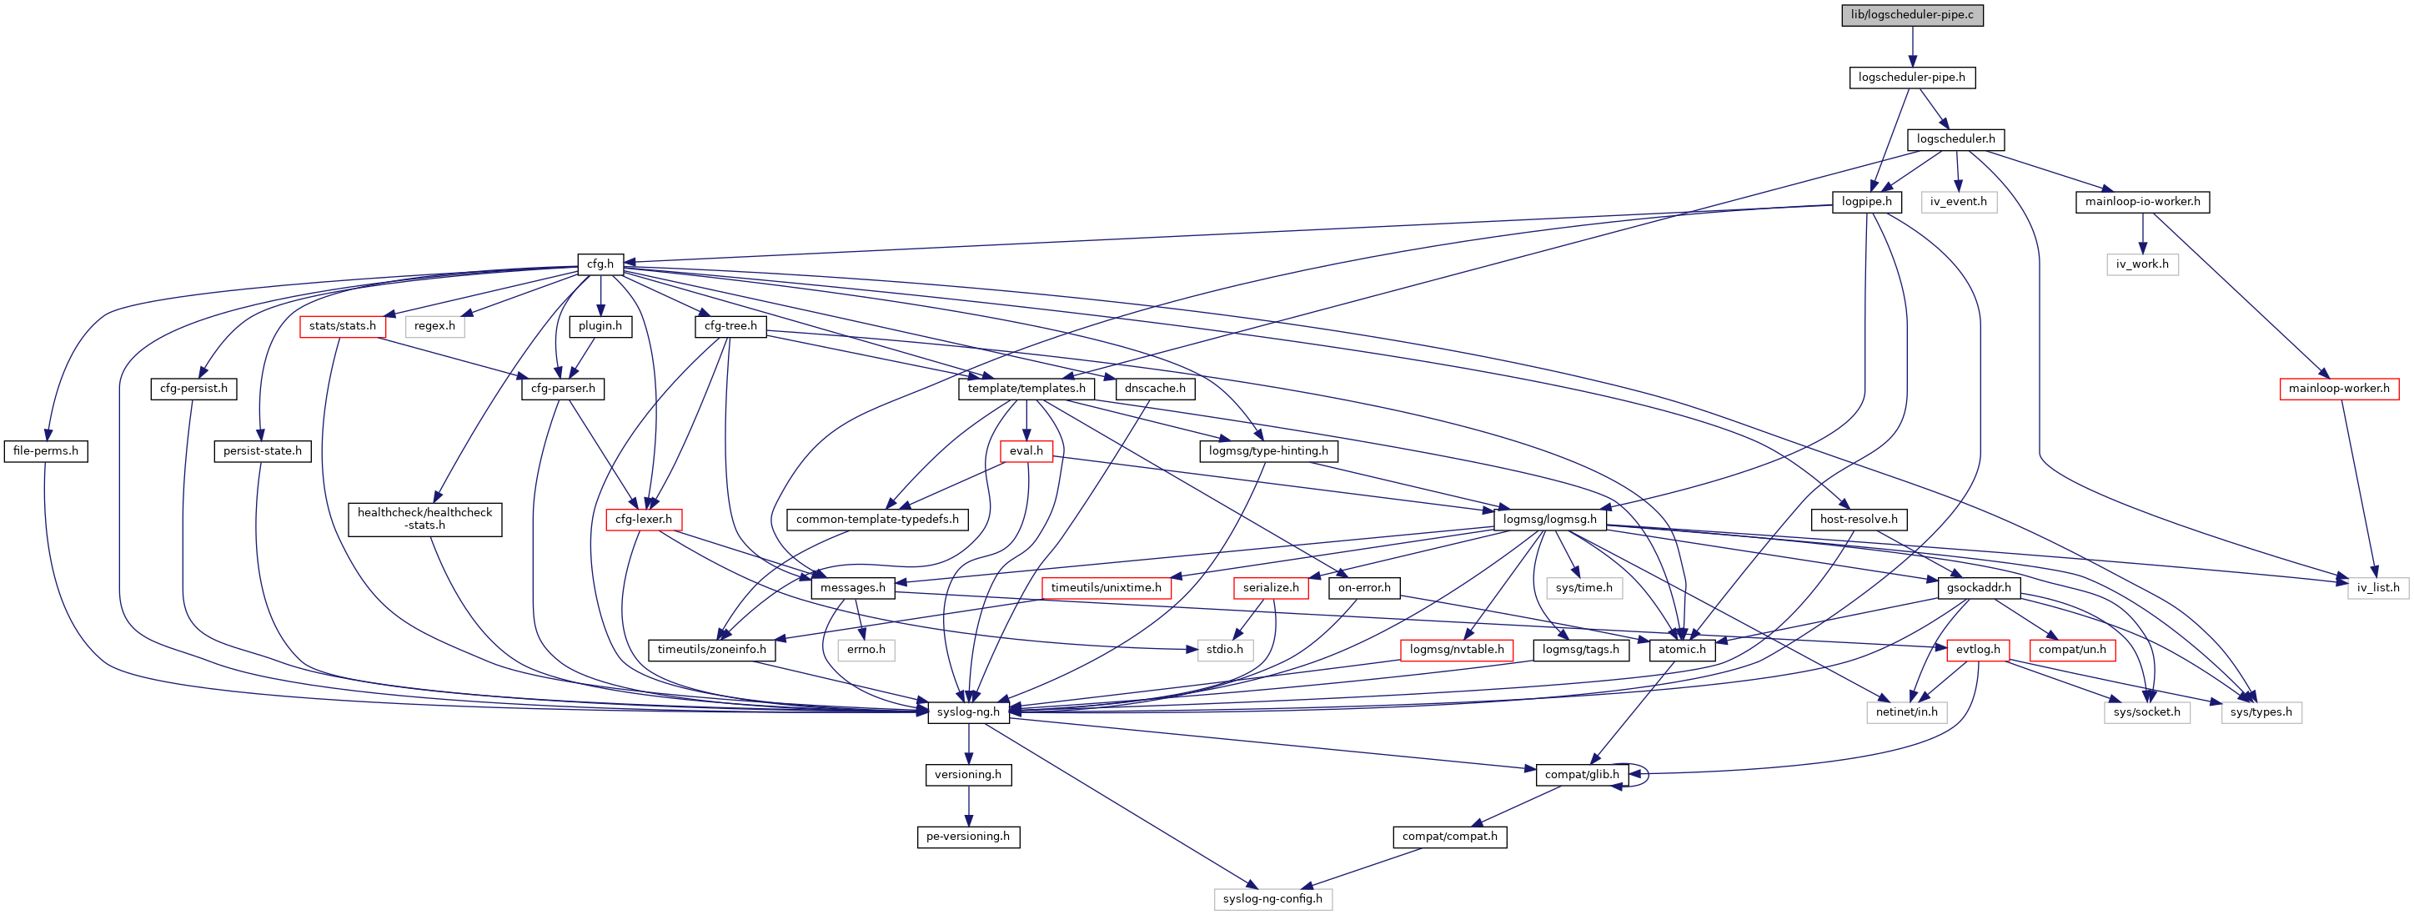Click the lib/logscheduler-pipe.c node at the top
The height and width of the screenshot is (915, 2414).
coord(1912,15)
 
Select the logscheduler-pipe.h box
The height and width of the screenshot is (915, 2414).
coord(1912,77)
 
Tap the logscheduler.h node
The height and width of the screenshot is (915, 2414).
coord(1955,138)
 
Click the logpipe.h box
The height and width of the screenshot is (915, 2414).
coord(1867,202)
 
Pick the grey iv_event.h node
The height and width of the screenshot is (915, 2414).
coord(1959,202)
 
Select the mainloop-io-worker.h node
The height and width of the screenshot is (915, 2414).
coord(2142,202)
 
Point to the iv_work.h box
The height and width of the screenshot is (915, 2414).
coord(2142,264)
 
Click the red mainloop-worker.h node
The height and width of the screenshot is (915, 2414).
coord(2339,388)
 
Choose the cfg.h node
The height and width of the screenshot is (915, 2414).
coord(600,264)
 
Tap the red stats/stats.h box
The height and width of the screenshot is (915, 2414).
coord(343,326)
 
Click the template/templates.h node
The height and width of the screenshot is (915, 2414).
coord(1026,388)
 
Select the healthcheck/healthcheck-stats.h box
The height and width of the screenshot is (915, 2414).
coord(424,519)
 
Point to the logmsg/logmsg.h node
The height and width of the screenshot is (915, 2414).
coord(1550,520)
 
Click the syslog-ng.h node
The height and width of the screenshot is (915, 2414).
coord(968,712)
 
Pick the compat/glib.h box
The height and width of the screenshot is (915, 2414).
coord(1582,774)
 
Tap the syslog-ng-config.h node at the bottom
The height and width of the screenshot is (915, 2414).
coord(1272,899)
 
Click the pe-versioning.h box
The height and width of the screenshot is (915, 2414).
coord(968,837)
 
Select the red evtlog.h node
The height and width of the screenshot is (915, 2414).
coord(1978,650)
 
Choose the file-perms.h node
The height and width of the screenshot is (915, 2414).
coord(46,451)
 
